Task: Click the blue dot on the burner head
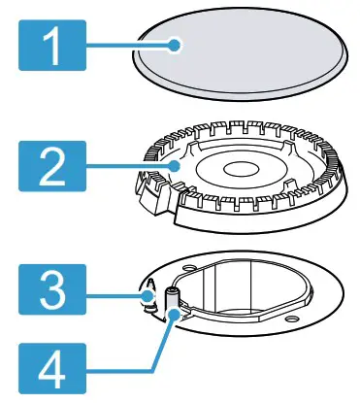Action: point(174,166)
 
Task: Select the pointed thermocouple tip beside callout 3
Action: point(150,290)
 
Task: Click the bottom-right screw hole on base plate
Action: point(292,323)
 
